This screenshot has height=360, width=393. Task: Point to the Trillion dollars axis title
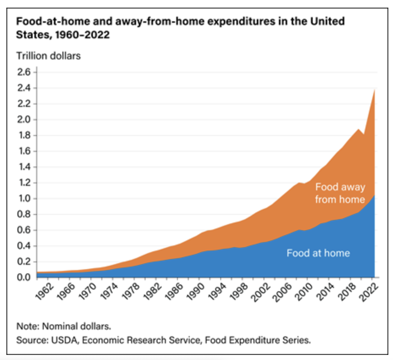tap(48, 56)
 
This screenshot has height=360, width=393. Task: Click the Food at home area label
tap(318, 253)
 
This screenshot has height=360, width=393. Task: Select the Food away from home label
tap(340, 193)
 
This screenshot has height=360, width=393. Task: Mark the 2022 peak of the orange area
tap(375, 89)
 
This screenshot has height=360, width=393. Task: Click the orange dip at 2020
tap(364, 135)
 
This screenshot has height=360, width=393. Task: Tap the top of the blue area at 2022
tap(375, 196)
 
